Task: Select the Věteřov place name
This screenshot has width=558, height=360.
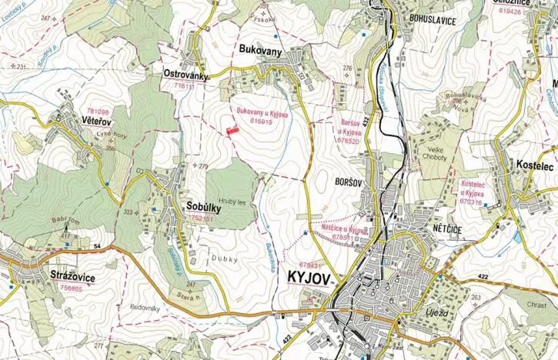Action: point(78,122)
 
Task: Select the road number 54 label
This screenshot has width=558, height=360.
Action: point(97,245)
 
